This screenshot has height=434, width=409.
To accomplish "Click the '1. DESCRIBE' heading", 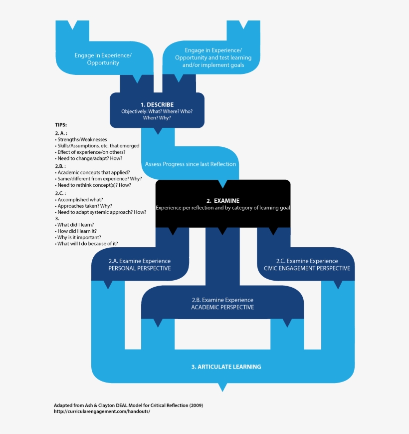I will click(x=157, y=104).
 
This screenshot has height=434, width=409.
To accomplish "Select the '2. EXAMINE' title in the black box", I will click(x=223, y=200).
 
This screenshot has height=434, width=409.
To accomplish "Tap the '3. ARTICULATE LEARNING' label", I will click(x=226, y=367).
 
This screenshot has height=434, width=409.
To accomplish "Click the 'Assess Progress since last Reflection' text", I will click(x=191, y=164).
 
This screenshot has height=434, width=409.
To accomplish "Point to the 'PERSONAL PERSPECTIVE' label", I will click(x=140, y=268).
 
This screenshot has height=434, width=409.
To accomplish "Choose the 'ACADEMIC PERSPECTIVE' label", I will click(x=222, y=307).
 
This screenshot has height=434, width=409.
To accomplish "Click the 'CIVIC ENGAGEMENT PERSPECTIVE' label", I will click(x=307, y=268).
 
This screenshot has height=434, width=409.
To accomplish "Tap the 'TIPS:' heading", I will click(x=61, y=125).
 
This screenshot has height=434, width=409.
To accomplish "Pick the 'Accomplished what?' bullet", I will click(x=80, y=199).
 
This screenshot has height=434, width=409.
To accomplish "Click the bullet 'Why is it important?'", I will click(x=82, y=237).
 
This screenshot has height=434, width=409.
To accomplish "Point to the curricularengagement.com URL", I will click(x=102, y=412).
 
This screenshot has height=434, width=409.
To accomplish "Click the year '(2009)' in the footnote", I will click(x=195, y=405).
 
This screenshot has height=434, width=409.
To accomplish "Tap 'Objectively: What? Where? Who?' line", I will click(x=157, y=111).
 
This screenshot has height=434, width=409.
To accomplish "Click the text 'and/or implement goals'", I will click(x=213, y=65).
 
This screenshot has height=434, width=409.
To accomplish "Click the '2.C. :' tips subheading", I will click(x=60, y=193).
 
